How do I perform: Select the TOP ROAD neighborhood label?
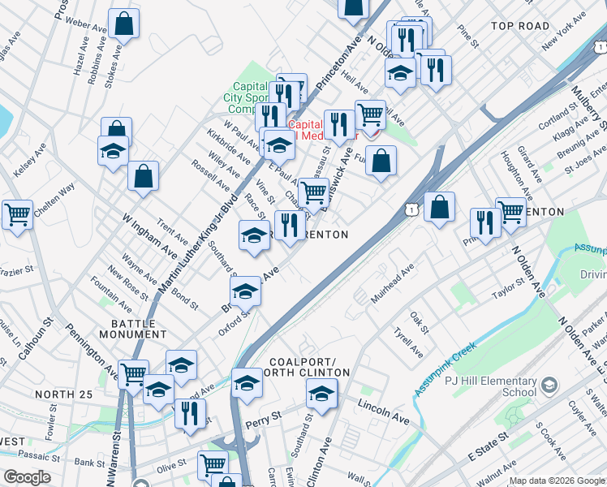[x=520, y=26]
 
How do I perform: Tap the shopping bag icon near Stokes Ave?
[x=124, y=24]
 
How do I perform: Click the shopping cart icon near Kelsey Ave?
[x=17, y=215]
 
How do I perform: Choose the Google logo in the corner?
[x=27, y=477]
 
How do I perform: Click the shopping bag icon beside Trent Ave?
[x=143, y=176]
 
